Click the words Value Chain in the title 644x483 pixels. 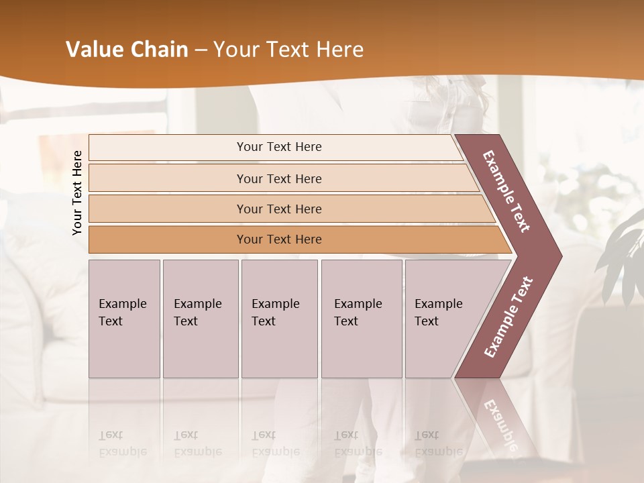[127, 50]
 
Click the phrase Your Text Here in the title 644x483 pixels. [288, 50]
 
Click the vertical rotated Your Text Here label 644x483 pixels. [77, 193]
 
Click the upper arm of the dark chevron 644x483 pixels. [506, 191]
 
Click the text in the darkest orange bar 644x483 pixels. [279, 239]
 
